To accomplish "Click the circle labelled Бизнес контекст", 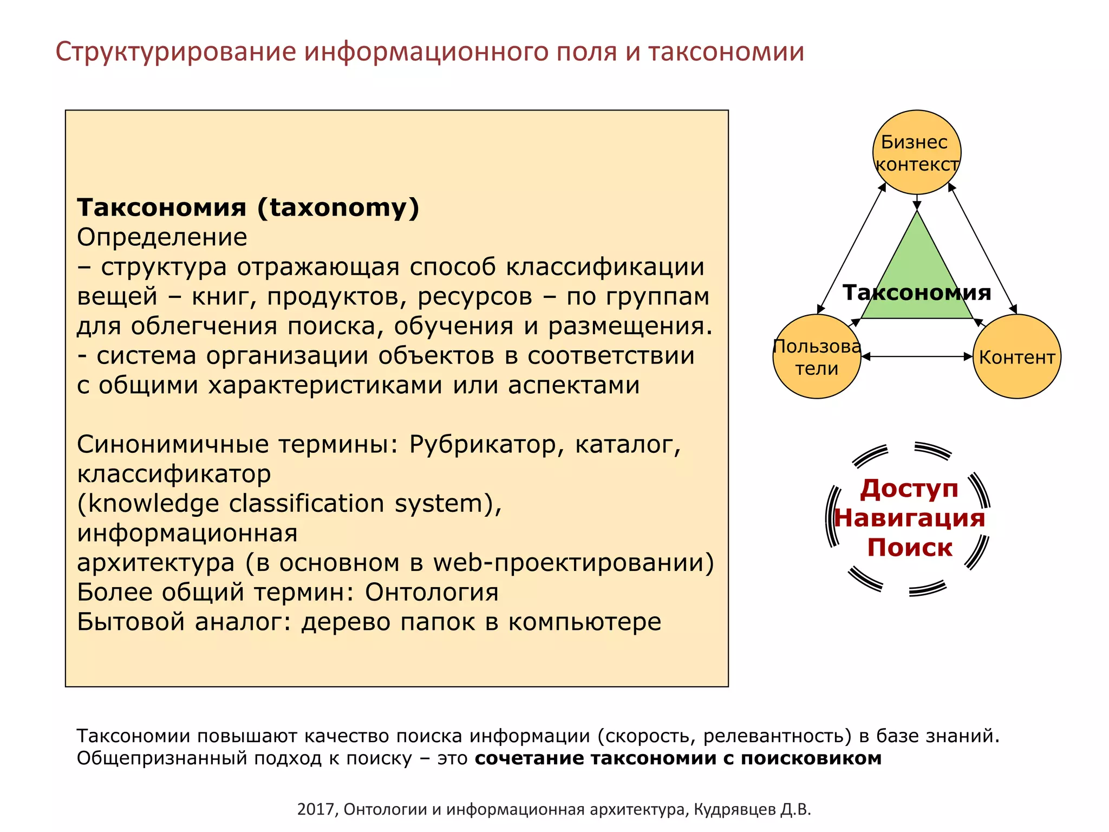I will click(916, 152).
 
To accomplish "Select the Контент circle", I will click(1016, 357).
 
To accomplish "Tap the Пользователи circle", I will click(817, 357).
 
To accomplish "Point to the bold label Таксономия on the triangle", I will click(917, 292).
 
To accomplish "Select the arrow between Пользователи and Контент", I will click(917, 356).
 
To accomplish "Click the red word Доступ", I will click(909, 488).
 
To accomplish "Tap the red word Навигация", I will click(909, 518).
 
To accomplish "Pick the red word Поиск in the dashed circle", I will click(909, 547).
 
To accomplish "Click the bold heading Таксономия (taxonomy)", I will click(248, 207).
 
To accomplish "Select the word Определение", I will click(162, 237).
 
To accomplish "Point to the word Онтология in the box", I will click(432, 592).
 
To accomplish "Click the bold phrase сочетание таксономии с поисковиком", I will click(678, 758).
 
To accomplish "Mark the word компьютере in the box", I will click(585, 622).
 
